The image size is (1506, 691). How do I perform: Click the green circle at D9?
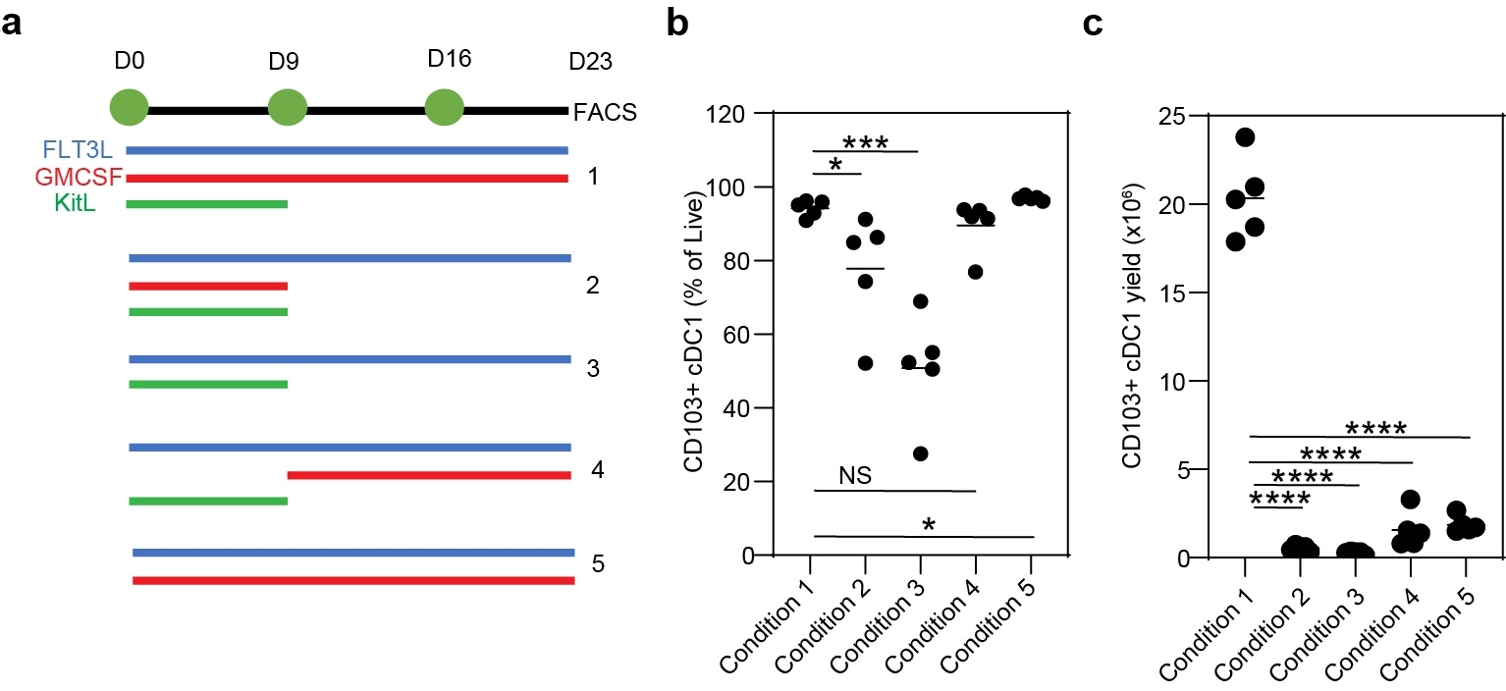click(x=288, y=108)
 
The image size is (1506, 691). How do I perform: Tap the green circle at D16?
click(x=445, y=108)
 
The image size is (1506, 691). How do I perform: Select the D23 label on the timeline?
click(x=590, y=61)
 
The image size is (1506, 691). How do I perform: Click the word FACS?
click(x=605, y=112)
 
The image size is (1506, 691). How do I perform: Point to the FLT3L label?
click(x=78, y=149)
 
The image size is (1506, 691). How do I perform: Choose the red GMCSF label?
click(x=79, y=177)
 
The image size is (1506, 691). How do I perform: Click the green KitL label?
click(x=75, y=202)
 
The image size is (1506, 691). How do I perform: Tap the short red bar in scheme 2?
click(x=208, y=287)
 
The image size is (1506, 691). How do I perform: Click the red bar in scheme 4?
click(x=429, y=475)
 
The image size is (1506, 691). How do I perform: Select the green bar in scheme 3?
click(x=208, y=385)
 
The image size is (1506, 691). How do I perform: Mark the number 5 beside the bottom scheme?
click(x=598, y=563)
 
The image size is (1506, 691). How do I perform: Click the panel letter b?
click(x=677, y=24)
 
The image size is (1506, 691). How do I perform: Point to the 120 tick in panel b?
click(x=726, y=114)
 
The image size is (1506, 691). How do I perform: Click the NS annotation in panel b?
click(x=855, y=475)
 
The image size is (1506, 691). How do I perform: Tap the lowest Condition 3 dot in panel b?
click(x=921, y=453)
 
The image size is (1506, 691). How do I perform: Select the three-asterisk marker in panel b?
click(x=865, y=142)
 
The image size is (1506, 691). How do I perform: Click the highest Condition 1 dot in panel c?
click(x=1245, y=137)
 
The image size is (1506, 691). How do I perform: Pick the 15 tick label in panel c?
click(x=1173, y=293)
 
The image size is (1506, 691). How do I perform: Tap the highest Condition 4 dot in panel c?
click(x=1411, y=500)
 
